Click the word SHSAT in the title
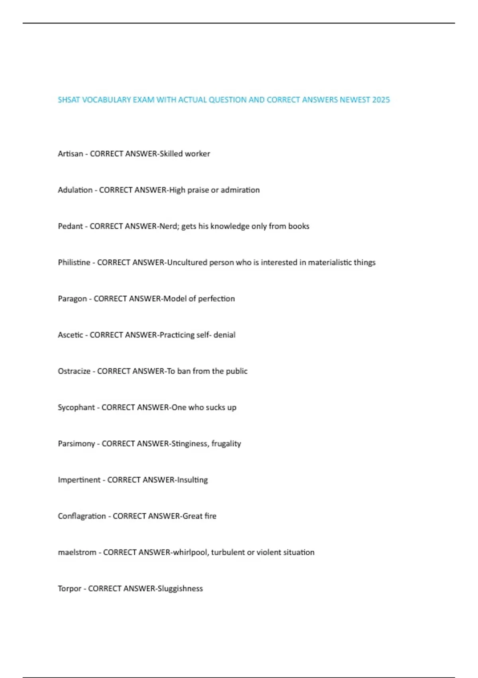pyautogui.click(x=69, y=100)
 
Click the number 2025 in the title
pyautogui.click(x=381, y=100)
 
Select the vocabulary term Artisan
pyautogui.click(x=70, y=154)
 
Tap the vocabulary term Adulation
pyautogui.click(x=75, y=190)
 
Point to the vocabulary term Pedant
pyautogui.click(x=70, y=226)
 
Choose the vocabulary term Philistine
pyautogui.click(x=74, y=262)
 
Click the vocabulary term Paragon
pyautogui.click(x=72, y=299)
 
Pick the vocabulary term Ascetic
pyautogui.click(x=70, y=335)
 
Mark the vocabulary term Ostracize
pyautogui.click(x=74, y=371)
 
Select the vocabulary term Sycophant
pyautogui.click(x=76, y=408)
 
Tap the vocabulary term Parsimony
pyautogui.click(x=76, y=443)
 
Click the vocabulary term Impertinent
pyautogui.click(x=79, y=480)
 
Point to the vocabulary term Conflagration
pyautogui.click(x=82, y=516)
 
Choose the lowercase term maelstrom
pyautogui.click(x=77, y=552)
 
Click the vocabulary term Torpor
pyautogui.click(x=69, y=589)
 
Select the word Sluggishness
pyautogui.click(x=180, y=589)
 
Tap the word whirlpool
pyautogui.click(x=190, y=552)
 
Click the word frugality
pyautogui.click(x=226, y=443)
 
